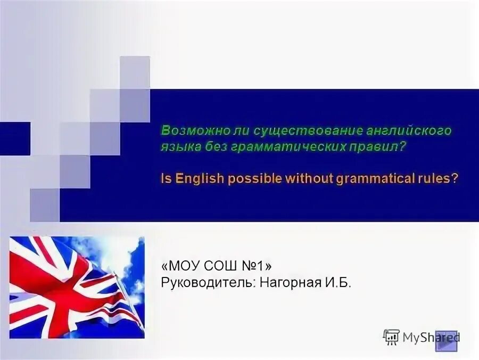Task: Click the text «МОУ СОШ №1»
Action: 217,265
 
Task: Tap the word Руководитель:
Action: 209,282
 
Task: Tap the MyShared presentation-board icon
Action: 391,337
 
